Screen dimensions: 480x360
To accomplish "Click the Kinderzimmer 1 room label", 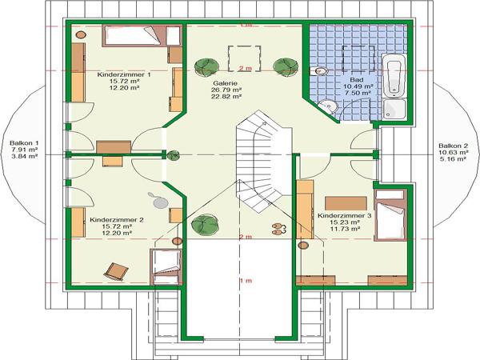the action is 124,74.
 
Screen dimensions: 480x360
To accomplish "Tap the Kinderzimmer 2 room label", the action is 117,220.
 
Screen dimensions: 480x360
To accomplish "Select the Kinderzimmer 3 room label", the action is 344,216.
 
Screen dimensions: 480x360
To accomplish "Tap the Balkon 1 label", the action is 24,143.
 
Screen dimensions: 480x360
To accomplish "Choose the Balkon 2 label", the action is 454,146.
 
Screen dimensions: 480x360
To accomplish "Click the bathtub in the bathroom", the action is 394,75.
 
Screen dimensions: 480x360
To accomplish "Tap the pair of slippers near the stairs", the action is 279,229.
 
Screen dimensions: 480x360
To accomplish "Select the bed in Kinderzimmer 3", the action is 390,215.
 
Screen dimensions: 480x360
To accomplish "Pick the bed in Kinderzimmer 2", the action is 166,267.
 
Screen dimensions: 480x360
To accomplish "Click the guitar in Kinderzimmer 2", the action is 158,201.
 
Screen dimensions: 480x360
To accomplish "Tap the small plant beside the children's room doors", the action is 173,156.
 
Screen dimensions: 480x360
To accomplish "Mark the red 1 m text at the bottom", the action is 246,281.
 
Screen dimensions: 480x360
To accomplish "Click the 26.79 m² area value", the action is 226,90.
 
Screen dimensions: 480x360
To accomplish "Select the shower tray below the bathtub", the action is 394,110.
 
